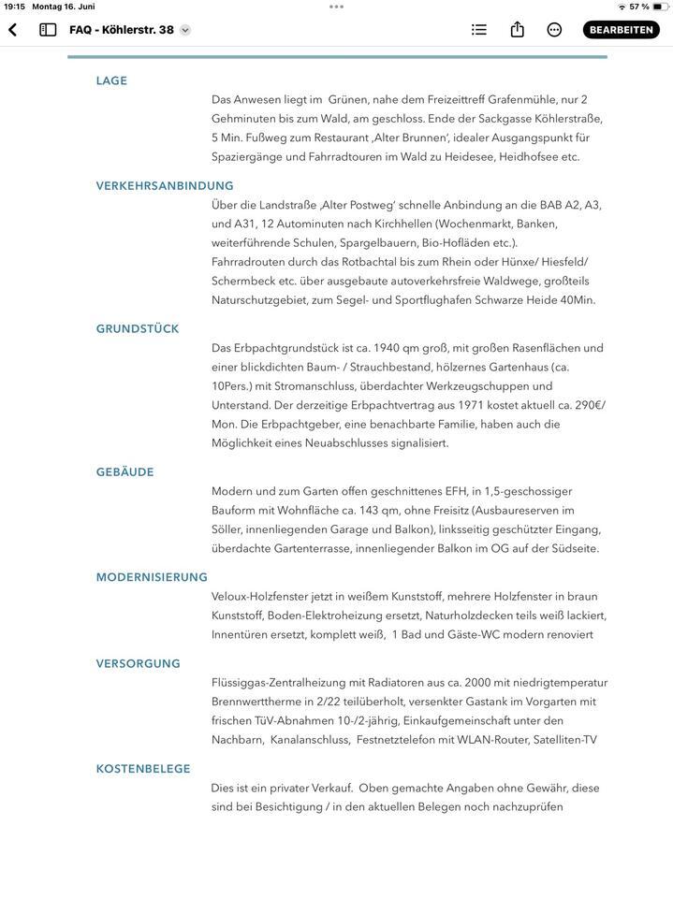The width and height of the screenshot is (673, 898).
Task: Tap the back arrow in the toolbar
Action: point(13,30)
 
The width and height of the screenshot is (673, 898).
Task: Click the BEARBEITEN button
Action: point(621,30)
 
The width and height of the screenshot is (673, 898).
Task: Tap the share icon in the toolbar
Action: point(517,30)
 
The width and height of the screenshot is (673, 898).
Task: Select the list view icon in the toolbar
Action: point(479,30)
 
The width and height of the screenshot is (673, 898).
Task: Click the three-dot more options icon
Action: point(554,30)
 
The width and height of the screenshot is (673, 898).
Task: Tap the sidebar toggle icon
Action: point(48,30)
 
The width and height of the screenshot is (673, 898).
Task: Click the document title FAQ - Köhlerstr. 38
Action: point(122,30)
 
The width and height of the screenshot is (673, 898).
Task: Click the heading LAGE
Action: point(111,81)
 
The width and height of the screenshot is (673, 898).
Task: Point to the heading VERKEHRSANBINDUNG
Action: point(165,186)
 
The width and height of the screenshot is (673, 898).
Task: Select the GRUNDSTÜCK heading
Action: point(138,329)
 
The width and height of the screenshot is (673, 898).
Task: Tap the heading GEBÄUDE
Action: point(124,472)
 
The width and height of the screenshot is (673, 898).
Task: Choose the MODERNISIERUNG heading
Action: point(152,577)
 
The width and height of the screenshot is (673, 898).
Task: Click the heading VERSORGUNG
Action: point(139,664)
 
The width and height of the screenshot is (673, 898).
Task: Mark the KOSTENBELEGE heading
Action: point(143,769)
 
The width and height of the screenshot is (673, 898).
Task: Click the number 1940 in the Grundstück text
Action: point(386,348)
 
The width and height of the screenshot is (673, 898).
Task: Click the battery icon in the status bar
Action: point(660,7)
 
